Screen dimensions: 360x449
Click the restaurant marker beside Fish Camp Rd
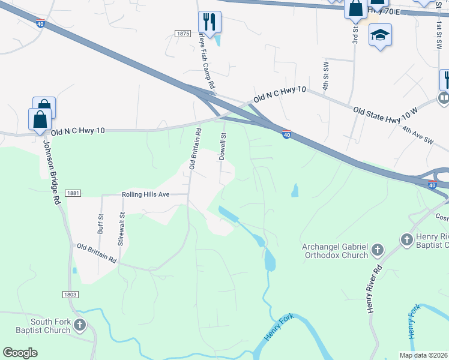coord(210,23)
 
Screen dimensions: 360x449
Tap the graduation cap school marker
coord(380,35)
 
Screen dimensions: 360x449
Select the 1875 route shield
coord(183,34)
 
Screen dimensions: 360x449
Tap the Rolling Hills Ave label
coord(146,194)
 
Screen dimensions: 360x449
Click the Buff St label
coord(101,224)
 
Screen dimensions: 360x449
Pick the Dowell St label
coord(222,146)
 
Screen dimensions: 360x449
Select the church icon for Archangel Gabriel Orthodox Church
coord(378,249)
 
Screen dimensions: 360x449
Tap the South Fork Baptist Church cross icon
coord(80,326)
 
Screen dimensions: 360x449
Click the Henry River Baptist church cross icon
coord(406,240)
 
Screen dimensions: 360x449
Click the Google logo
coord(20,353)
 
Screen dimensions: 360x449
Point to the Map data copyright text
coord(423,355)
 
